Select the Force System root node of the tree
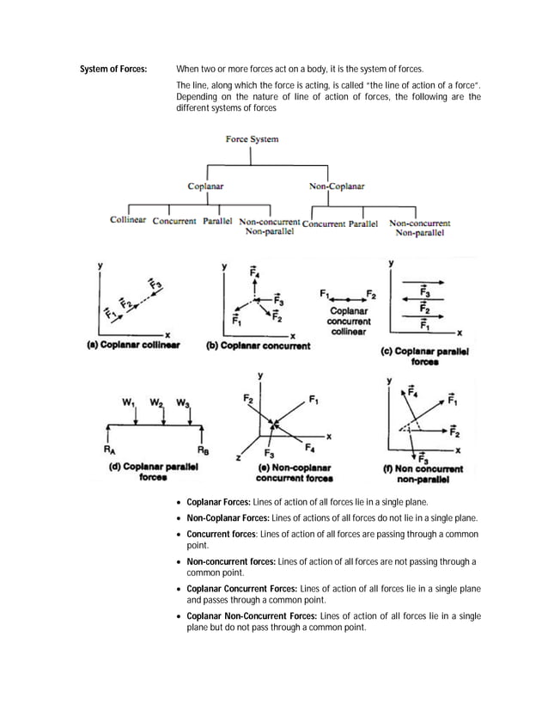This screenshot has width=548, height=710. (252, 138)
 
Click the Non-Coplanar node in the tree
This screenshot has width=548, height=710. (337, 186)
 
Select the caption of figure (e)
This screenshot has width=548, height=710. (295, 473)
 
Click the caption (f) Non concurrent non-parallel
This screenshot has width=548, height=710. (423, 474)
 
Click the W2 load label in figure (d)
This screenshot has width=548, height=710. (157, 401)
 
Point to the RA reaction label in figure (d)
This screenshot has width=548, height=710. (108, 449)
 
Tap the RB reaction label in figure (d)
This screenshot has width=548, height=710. (204, 449)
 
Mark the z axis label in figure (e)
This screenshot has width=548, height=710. (238, 458)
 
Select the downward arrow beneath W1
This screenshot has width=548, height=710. (136, 415)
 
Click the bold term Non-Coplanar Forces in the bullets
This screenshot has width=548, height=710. (228, 517)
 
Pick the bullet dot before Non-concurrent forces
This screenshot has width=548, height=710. (178, 562)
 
